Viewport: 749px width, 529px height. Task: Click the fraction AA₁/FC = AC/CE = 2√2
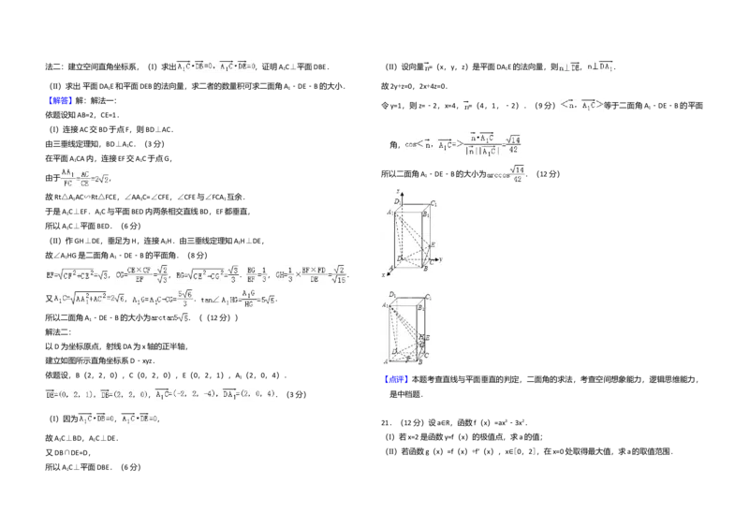coord(85,178)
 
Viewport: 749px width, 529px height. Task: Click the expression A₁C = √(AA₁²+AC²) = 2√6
coord(89,299)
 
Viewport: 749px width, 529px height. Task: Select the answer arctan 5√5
coord(171,318)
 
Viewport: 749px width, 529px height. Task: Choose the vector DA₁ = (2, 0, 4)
coord(251,396)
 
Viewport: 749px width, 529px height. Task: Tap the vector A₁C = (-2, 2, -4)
coord(188,396)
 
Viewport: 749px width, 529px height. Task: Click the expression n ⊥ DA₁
coord(600,68)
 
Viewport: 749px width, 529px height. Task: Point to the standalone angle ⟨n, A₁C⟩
coord(581,106)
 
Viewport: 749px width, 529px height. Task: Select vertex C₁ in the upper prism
coord(433,203)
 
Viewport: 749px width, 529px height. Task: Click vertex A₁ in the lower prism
coord(384,306)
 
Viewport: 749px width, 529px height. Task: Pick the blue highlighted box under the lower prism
coord(396,381)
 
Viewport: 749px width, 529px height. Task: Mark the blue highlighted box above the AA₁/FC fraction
coord(60,100)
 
